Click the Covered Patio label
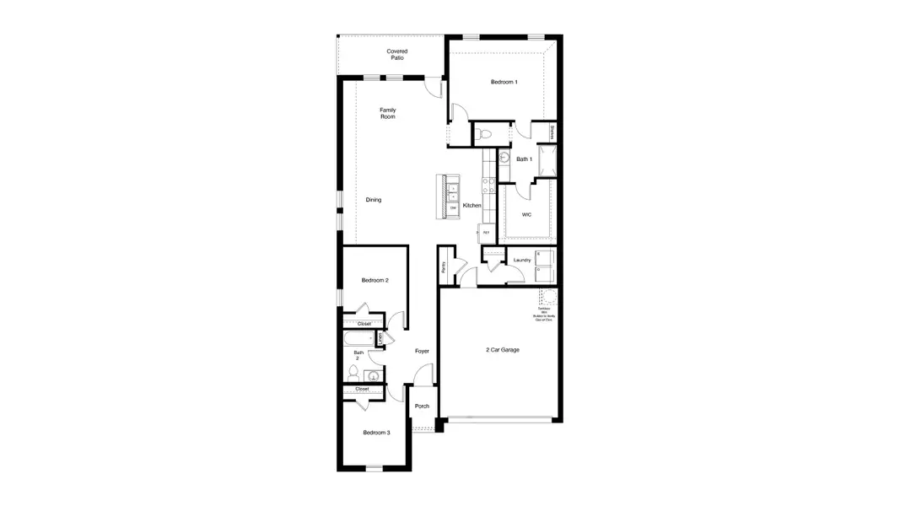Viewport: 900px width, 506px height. click(x=396, y=55)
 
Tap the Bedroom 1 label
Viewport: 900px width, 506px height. click(x=504, y=82)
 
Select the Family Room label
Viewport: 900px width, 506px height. click(x=387, y=113)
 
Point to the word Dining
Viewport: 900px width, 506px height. click(x=373, y=200)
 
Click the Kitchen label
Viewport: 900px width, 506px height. click(x=472, y=206)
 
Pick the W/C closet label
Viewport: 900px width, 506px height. click(x=526, y=214)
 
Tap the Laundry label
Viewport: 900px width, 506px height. click(x=522, y=260)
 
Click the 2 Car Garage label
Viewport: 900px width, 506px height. click(x=502, y=349)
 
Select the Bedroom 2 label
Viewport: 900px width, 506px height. click(x=375, y=280)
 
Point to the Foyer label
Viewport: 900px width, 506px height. click(x=422, y=351)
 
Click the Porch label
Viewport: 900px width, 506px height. click(x=422, y=406)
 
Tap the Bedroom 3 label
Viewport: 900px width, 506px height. click(x=376, y=433)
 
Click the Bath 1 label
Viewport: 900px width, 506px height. click(x=523, y=159)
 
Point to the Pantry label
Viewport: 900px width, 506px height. click(x=444, y=267)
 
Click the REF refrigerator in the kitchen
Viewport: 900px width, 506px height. click(x=486, y=232)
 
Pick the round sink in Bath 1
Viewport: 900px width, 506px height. click(x=504, y=156)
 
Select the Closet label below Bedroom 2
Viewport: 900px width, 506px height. click(x=364, y=324)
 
